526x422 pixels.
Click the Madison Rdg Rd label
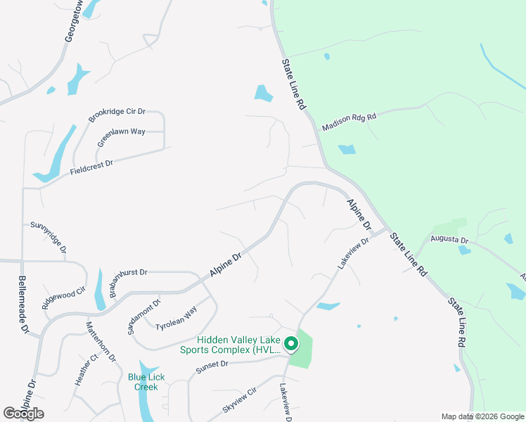tap(349, 122)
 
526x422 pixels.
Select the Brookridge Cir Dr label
tap(117, 115)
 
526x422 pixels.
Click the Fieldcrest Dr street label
tap(91, 167)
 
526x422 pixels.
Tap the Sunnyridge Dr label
tap(49, 238)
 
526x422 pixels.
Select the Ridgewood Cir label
tap(63, 298)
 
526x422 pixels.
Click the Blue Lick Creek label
tap(146, 382)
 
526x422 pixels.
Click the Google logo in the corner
tap(23, 414)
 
